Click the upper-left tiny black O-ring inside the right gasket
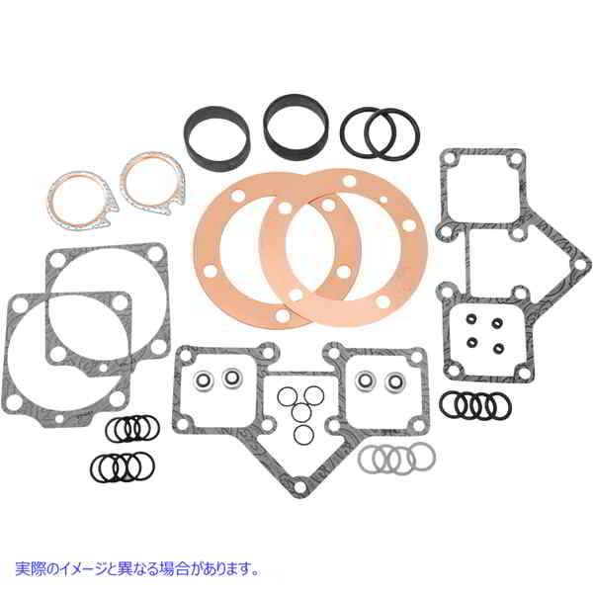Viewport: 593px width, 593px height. pos(471,320)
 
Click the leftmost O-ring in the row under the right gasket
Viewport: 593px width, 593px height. pos(452,405)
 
